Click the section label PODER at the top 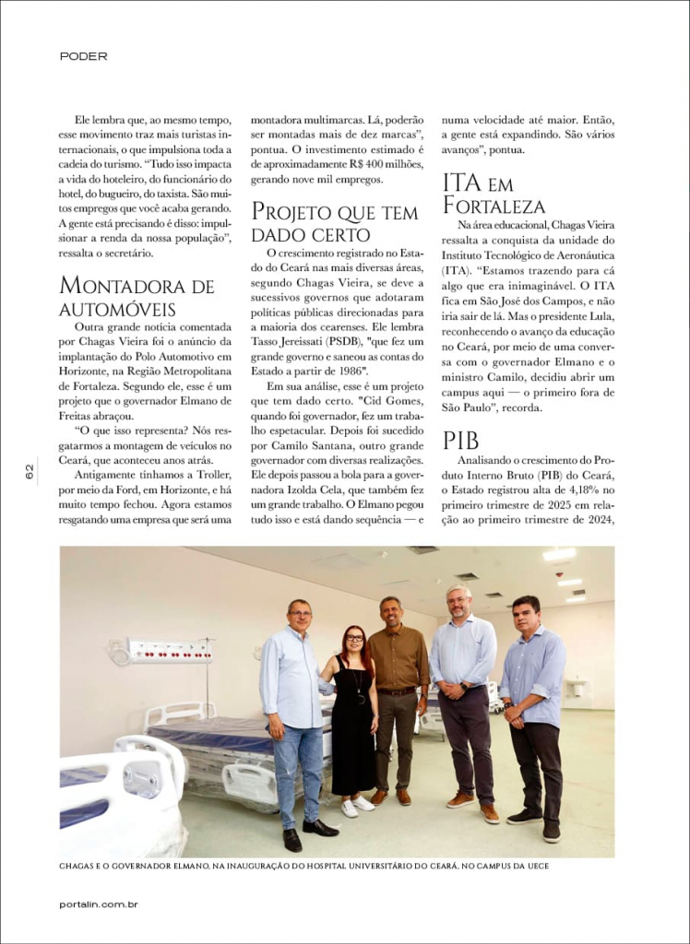(83, 56)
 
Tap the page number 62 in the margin (30, 471)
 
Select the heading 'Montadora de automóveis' (137, 296)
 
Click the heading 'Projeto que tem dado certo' (334, 223)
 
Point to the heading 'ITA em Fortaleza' (494, 193)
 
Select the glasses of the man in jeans (300, 613)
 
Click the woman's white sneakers (357, 805)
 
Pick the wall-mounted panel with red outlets (166, 651)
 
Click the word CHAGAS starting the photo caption (81, 867)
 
